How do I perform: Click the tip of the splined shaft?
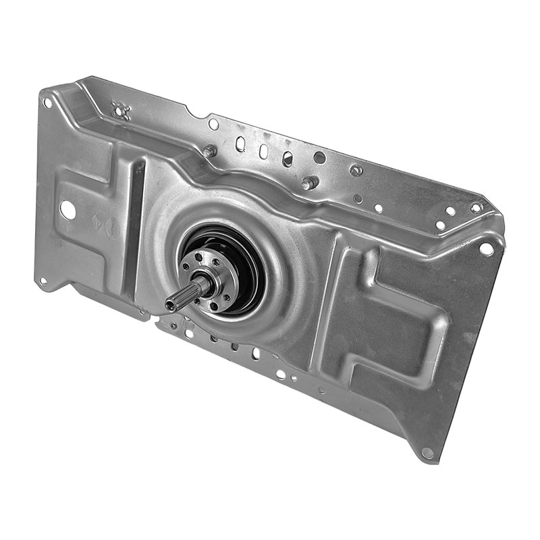click(169, 305)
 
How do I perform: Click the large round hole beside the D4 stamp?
click(67, 210)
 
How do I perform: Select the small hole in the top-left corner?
click(47, 103)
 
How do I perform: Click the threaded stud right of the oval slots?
click(309, 183)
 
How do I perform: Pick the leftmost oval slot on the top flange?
click(240, 143)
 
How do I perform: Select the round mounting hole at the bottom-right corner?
click(427, 453)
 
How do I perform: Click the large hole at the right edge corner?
click(485, 249)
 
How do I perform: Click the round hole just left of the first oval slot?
click(213, 124)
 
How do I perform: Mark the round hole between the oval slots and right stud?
click(319, 157)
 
